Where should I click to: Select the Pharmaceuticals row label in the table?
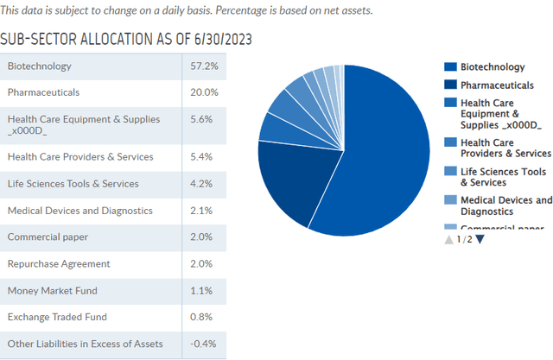(x=43, y=92)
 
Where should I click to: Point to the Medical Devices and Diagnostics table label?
(x=79, y=211)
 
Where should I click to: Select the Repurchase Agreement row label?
(x=58, y=264)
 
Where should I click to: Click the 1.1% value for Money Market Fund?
(x=202, y=291)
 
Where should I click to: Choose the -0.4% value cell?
(x=201, y=344)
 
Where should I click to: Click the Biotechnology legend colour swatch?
(x=449, y=67)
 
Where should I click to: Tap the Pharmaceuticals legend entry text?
(x=497, y=85)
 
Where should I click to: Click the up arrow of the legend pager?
(x=448, y=239)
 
